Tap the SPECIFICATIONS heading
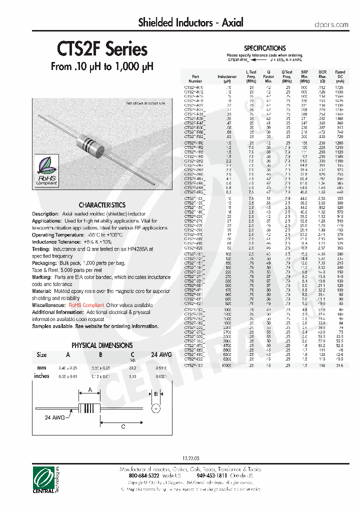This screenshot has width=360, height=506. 264,48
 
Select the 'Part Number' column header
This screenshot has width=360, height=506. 195,76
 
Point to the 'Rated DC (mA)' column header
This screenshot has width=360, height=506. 340,76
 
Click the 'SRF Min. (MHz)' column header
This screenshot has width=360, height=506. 305,76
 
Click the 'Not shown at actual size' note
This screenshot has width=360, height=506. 145,103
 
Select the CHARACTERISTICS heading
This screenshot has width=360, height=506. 102,205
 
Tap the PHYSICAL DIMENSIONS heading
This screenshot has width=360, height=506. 102,345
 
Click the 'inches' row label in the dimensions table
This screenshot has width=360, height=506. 41,375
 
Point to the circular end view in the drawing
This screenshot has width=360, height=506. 155,409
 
